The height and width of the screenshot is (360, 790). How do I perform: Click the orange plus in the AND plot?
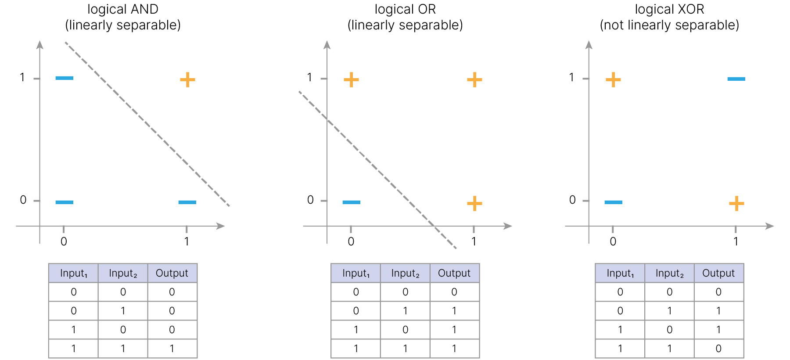[x=187, y=79]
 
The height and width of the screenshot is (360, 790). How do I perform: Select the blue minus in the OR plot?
[x=351, y=202]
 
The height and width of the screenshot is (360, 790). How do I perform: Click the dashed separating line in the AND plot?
[x=147, y=124]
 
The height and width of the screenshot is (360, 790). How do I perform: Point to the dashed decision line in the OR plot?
[x=377, y=170]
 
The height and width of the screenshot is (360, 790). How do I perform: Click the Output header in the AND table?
[x=172, y=273]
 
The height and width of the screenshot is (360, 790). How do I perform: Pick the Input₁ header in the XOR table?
[x=620, y=273]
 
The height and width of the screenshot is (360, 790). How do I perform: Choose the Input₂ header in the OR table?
[x=405, y=273]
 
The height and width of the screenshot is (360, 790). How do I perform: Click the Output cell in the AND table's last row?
[x=172, y=349]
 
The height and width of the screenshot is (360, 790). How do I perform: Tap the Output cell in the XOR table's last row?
[x=718, y=349]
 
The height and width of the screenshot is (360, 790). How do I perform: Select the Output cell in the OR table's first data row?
[x=454, y=292]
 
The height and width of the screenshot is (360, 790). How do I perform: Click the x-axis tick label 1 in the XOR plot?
[x=736, y=241]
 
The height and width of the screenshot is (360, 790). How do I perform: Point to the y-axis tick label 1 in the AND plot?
[x=22, y=78]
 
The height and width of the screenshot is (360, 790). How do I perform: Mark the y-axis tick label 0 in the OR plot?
[x=310, y=200]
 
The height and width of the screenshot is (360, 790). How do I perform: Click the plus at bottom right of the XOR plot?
[x=736, y=203]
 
